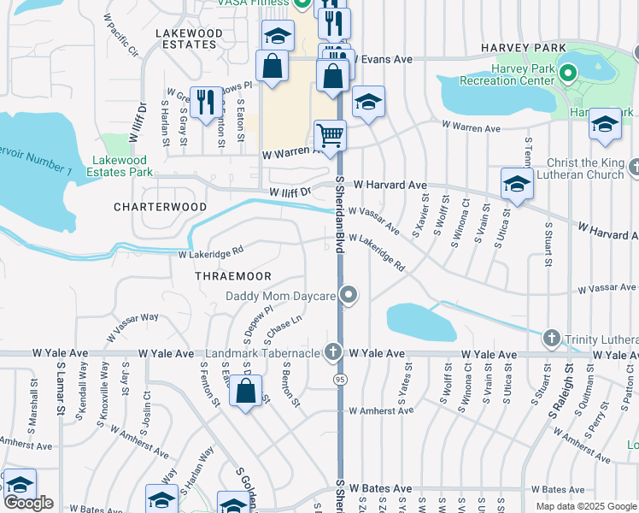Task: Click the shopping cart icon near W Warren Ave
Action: (x=330, y=135)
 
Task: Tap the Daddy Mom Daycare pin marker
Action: (x=348, y=296)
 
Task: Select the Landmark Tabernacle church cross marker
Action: (x=332, y=352)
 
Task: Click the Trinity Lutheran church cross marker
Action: (x=552, y=339)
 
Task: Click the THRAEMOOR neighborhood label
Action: (x=233, y=276)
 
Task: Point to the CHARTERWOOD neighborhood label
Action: (x=161, y=207)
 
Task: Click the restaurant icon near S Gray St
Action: (x=205, y=103)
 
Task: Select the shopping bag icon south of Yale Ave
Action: (x=246, y=392)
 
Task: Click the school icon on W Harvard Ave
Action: (x=517, y=184)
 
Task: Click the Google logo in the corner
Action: (x=28, y=502)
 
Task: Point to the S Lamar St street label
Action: (x=60, y=393)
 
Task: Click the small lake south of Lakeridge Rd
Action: (x=420, y=321)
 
